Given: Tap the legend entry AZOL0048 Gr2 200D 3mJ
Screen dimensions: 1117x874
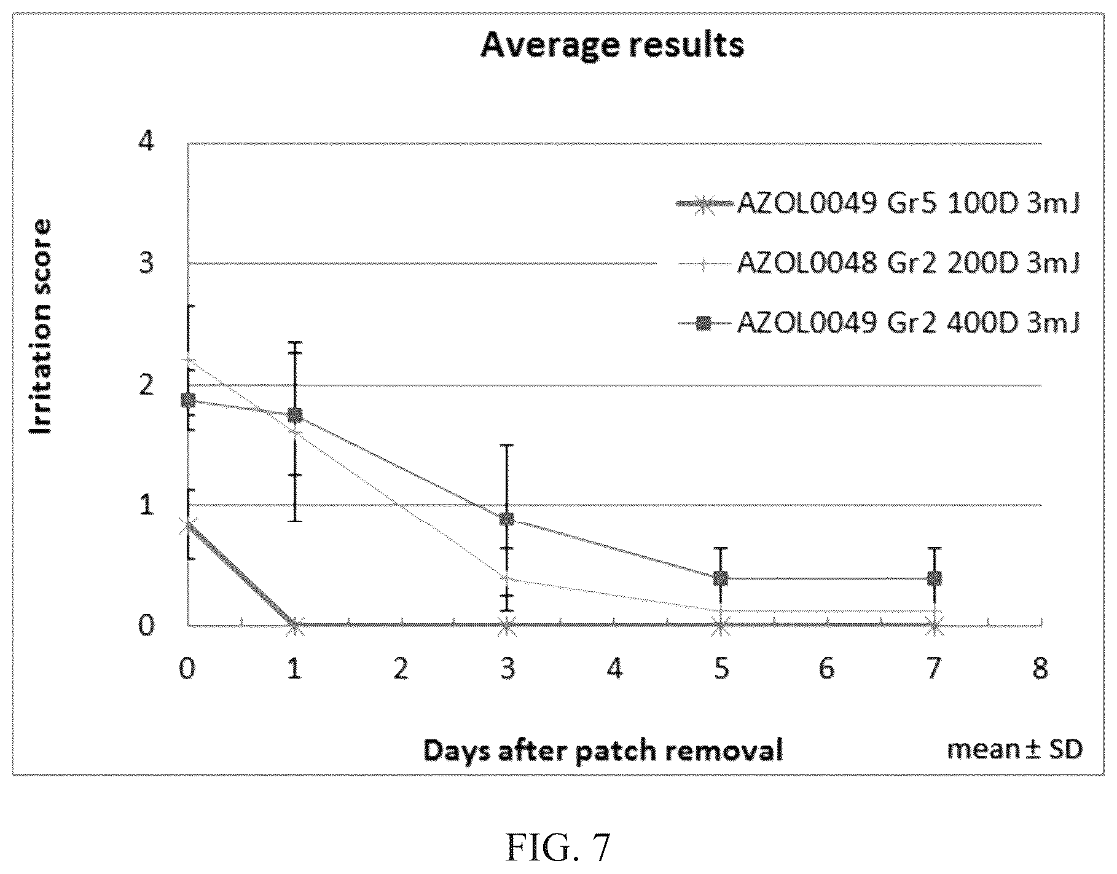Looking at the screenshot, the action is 877,264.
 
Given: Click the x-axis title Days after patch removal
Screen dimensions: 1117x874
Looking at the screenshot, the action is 603,750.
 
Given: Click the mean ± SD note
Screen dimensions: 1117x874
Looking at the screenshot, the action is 1015,749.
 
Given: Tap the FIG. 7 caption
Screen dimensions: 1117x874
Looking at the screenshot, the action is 558,848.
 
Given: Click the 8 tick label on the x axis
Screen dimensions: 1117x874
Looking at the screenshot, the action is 1040,667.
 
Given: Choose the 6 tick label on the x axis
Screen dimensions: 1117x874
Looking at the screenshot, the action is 827,667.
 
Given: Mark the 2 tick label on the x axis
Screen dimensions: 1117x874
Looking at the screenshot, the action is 401,667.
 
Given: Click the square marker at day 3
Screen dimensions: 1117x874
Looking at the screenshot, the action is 507,519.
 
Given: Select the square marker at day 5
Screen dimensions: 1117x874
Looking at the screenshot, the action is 721,578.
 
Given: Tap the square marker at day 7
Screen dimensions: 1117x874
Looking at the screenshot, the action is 934,578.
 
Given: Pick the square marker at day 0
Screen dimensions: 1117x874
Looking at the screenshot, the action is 188,400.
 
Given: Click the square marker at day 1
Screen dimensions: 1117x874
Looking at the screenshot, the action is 295,415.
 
